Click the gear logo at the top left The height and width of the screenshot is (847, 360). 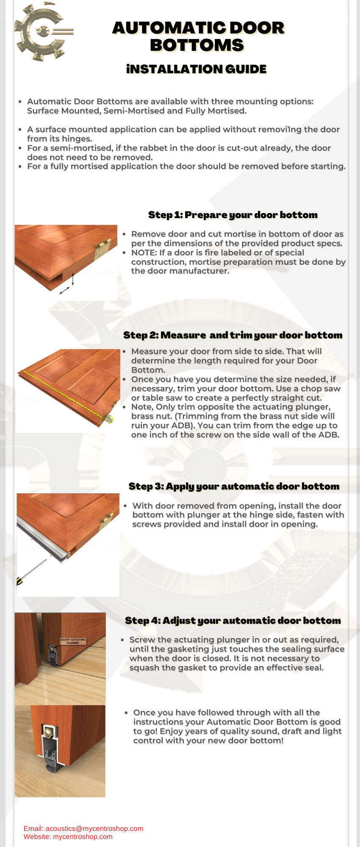click(42, 32)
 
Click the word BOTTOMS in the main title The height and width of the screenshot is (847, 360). click(197, 45)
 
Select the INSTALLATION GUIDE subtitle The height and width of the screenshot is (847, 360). click(196, 69)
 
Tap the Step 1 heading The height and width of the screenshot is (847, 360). click(233, 215)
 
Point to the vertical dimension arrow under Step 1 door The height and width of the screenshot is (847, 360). click(73, 279)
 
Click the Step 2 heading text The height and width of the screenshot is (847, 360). click(233, 335)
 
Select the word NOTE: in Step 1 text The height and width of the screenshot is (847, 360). click(144, 253)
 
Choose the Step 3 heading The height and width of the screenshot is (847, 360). click(234, 486)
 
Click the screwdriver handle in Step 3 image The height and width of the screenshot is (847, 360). click(19, 581)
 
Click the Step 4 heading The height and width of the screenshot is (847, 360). click(233, 620)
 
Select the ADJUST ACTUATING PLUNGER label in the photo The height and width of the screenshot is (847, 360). click(73, 641)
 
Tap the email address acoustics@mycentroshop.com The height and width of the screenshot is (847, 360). click(94, 828)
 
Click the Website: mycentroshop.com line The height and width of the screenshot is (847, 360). click(68, 836)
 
